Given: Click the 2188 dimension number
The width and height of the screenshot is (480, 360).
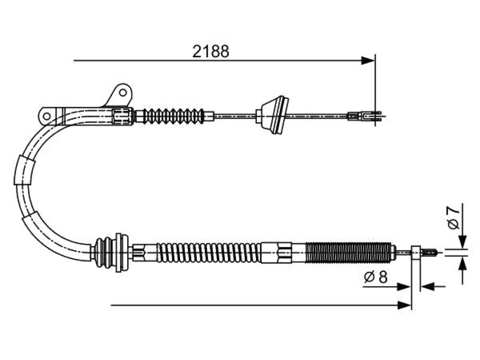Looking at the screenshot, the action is pyautogui.click(x=210, y=52).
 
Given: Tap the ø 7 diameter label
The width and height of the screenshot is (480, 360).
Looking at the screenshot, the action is pyautogui.click(x=453, y=217).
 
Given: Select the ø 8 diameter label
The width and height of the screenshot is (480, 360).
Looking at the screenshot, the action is pyautogui.click(x=375, y=277).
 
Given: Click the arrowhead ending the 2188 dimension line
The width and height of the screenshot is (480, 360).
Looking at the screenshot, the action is pyautogui.click(x=367, y=60).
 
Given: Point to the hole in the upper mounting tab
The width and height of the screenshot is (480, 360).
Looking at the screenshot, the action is pyautogui.click(x=123, y=92).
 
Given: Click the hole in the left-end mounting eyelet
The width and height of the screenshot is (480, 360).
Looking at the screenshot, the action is pyautogui.click(x=46, y=116).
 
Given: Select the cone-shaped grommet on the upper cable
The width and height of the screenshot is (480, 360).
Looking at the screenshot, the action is pyautogui.click(x=272, y=115).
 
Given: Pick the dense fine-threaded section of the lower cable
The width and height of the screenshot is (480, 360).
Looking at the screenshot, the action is pyautogui.click(x=349, y=252).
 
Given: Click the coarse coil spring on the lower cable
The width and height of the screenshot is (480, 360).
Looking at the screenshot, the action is pyautogui.click(x=209, y=252).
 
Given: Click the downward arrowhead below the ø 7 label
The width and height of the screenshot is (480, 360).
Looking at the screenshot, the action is pyautogui.click(x=463, y=241).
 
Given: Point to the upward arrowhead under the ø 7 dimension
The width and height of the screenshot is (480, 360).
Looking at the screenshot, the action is pyautogui.click(x=463, y=263).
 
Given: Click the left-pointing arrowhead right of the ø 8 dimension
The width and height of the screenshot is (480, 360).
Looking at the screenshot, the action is pyautogui.click(x=427, y=287).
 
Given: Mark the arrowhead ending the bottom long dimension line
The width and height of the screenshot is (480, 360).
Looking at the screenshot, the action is pyautogui.click(x=404, y=305).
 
